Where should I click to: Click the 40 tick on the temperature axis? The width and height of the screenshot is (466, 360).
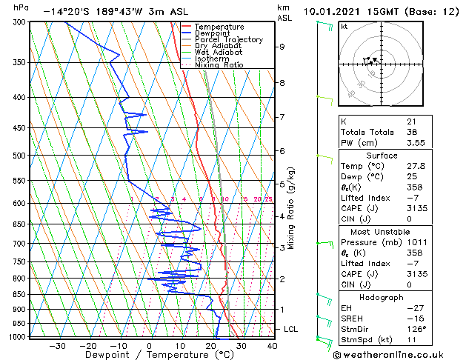tap(272, 345)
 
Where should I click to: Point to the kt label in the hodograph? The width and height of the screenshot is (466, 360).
tap(344, 26)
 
